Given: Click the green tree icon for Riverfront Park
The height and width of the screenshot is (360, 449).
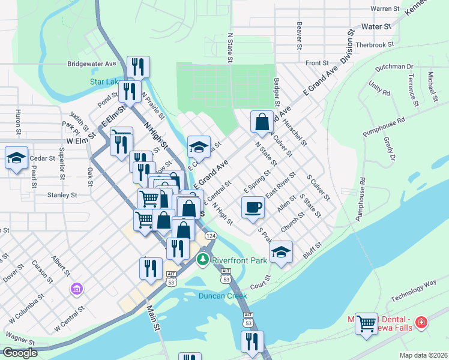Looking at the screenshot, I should pos(203,260).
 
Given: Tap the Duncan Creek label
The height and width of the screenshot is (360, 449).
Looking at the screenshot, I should pos(223,295).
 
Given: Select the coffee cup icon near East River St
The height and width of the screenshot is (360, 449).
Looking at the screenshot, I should pos(252,207).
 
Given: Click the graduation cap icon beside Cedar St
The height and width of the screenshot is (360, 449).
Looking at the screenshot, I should pos(16,158).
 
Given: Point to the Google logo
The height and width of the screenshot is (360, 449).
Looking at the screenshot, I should pos(19,353).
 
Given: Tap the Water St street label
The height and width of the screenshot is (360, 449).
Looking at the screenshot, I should pos(376,27).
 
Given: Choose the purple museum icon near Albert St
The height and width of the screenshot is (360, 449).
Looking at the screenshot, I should pos(76,290).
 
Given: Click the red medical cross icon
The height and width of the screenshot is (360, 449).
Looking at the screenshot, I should pos(421,323).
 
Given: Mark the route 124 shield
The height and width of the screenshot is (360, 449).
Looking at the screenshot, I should pos(211,236).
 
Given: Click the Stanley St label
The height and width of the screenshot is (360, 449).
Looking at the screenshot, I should pos(62,195).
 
